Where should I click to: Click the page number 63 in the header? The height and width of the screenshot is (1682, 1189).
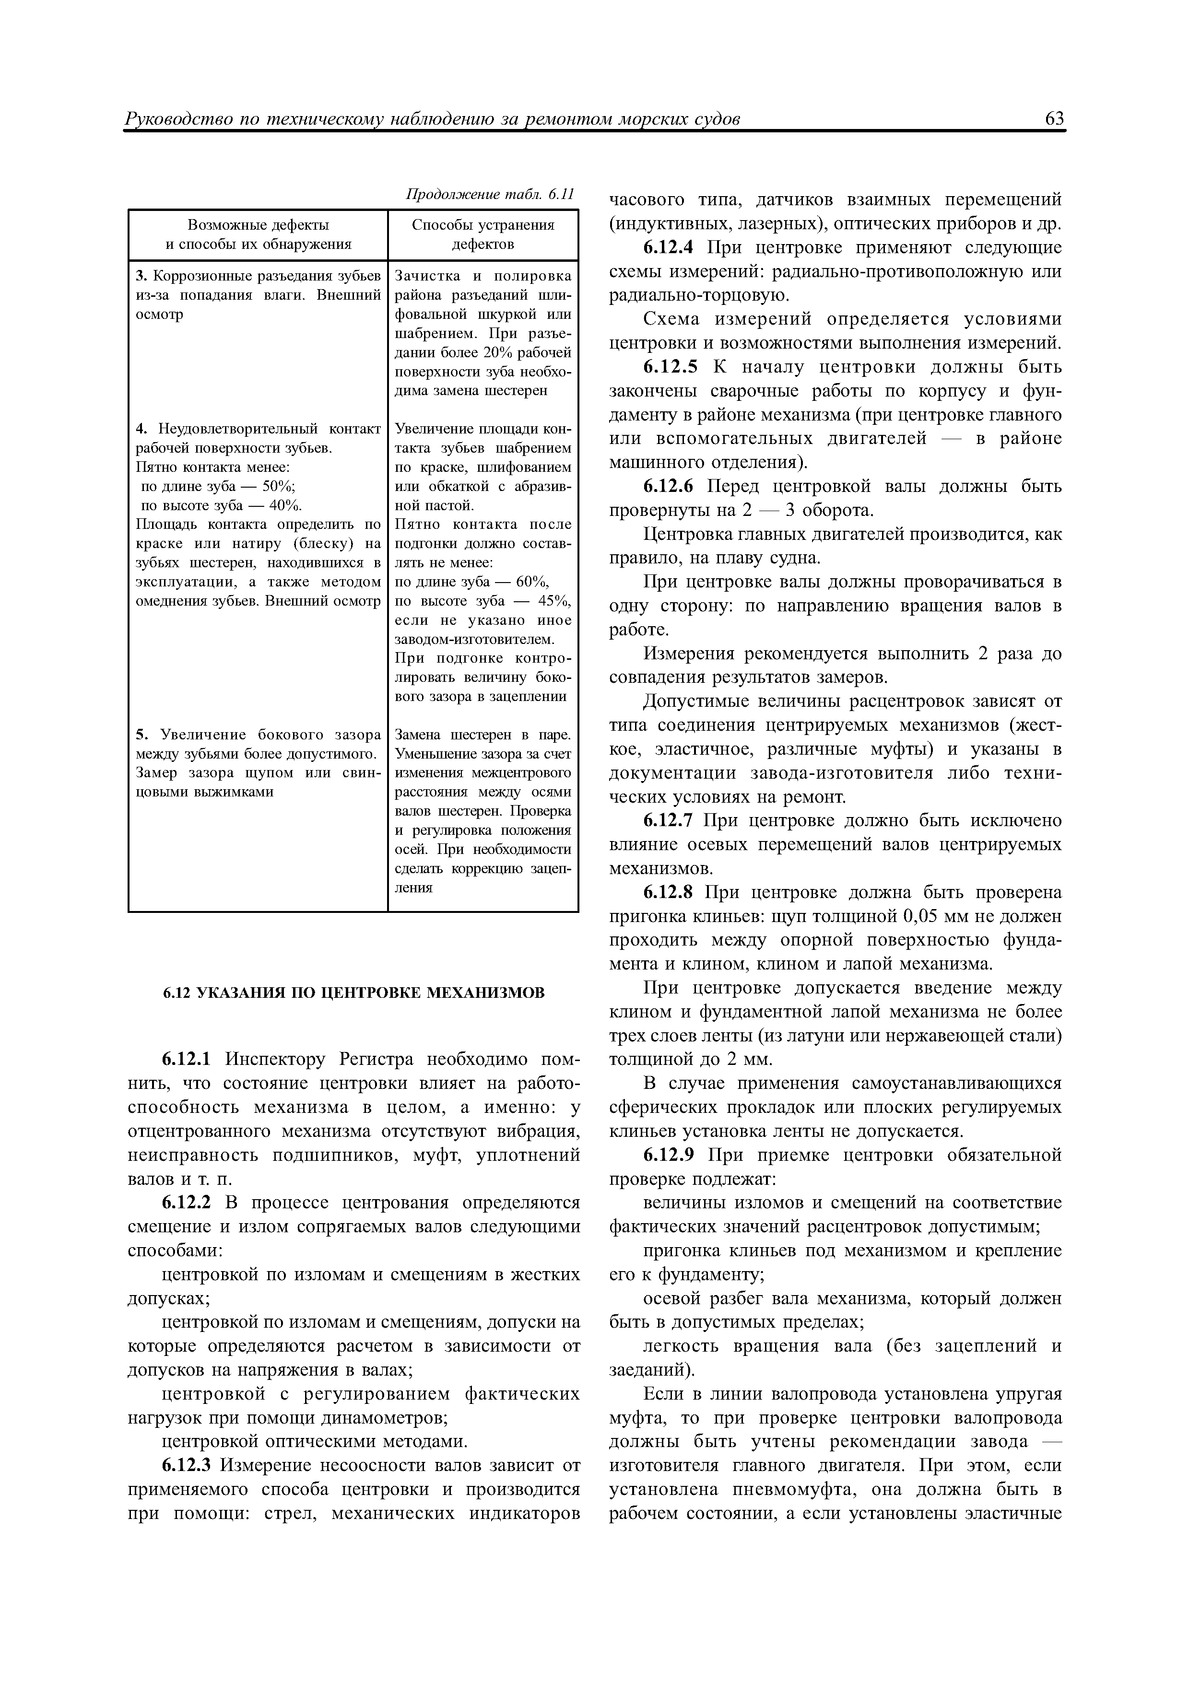(x=1054, y=119)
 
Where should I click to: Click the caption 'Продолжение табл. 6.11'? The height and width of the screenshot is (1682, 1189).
(x=489, y=195)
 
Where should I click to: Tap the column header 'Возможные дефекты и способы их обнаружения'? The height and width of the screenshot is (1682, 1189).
(x=258, y=234)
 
